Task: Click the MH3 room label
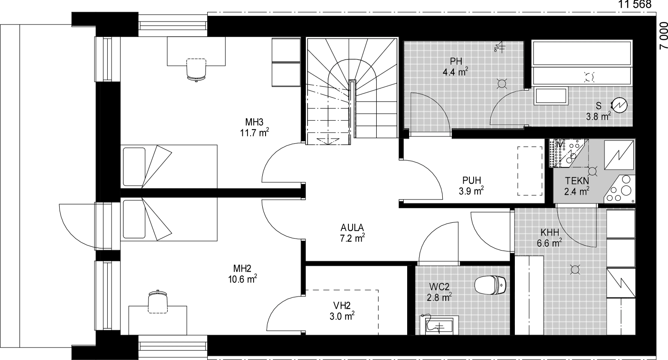coord(254,122)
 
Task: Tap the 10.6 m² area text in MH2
coord(242,279)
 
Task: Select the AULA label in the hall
coord(352,227)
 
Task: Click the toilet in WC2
coord(490,284)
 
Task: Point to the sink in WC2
coord(438,326)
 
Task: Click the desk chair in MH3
coord(196,70)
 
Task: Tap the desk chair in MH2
coord(158,301)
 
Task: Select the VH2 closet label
coord(342,306)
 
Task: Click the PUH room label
coord(472,180)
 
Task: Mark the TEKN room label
coord(577,181)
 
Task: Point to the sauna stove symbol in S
coord(619,105)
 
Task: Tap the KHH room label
coord(550,232)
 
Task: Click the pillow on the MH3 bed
coord(134,166)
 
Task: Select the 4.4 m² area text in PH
coord(455,72)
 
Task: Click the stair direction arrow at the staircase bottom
coord(328,140)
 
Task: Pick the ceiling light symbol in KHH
coord(574,269)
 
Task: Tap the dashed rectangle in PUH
coord(529,171)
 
